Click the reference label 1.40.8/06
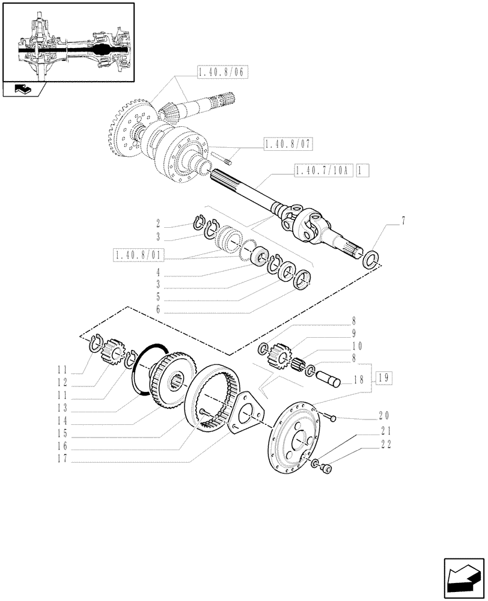222,72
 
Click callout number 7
403,221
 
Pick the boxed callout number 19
385,377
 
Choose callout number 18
359,380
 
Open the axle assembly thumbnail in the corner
68,42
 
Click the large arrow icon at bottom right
462,578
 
